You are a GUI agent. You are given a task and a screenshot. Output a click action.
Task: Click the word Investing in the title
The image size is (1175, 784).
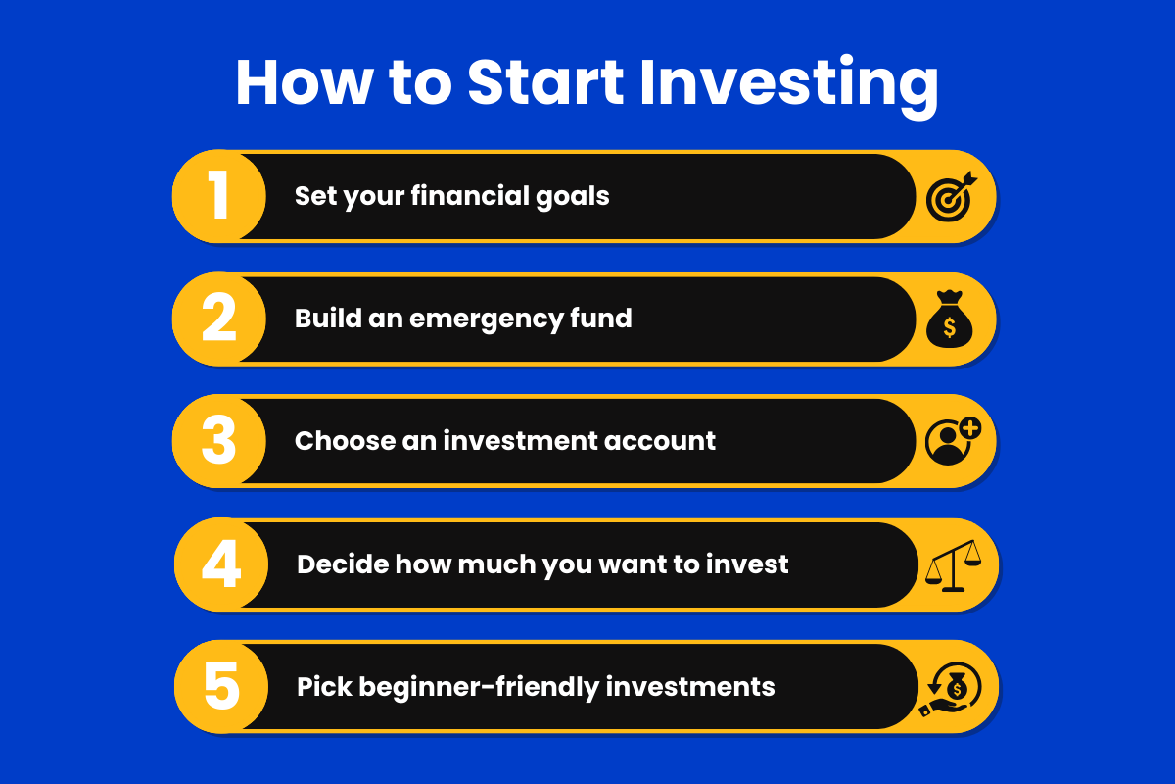coord(789,86)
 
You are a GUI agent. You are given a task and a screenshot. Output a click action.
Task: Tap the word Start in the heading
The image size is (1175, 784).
coord(545,82)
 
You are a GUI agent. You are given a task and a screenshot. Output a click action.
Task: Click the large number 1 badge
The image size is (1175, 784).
coord(218,195)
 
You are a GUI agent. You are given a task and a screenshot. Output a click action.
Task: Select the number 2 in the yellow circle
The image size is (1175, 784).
coord(219,318)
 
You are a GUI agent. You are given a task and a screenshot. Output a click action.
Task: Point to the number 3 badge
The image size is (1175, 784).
coord(219,440)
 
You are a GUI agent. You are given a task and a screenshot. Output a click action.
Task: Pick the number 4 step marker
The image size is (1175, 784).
coord(221,563)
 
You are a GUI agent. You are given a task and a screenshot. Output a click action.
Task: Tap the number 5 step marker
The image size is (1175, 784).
coord(221,686)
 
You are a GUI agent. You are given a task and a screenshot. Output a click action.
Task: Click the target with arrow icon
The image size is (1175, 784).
coord(951,196)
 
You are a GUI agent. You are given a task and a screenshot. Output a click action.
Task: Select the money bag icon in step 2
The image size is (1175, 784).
coord(950,318)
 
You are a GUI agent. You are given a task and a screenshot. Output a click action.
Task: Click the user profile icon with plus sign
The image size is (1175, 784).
coord(953,441)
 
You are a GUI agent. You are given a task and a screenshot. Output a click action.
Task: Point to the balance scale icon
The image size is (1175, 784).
coord(953,565)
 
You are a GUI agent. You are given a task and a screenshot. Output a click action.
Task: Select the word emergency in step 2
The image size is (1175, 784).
coord(486,320)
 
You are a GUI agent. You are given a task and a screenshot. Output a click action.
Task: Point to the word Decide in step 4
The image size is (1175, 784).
coord(343,563)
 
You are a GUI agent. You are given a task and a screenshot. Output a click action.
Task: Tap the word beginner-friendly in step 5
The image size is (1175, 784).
coord(479,688)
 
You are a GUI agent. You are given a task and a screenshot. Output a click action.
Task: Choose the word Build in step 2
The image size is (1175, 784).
coord(328,318)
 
